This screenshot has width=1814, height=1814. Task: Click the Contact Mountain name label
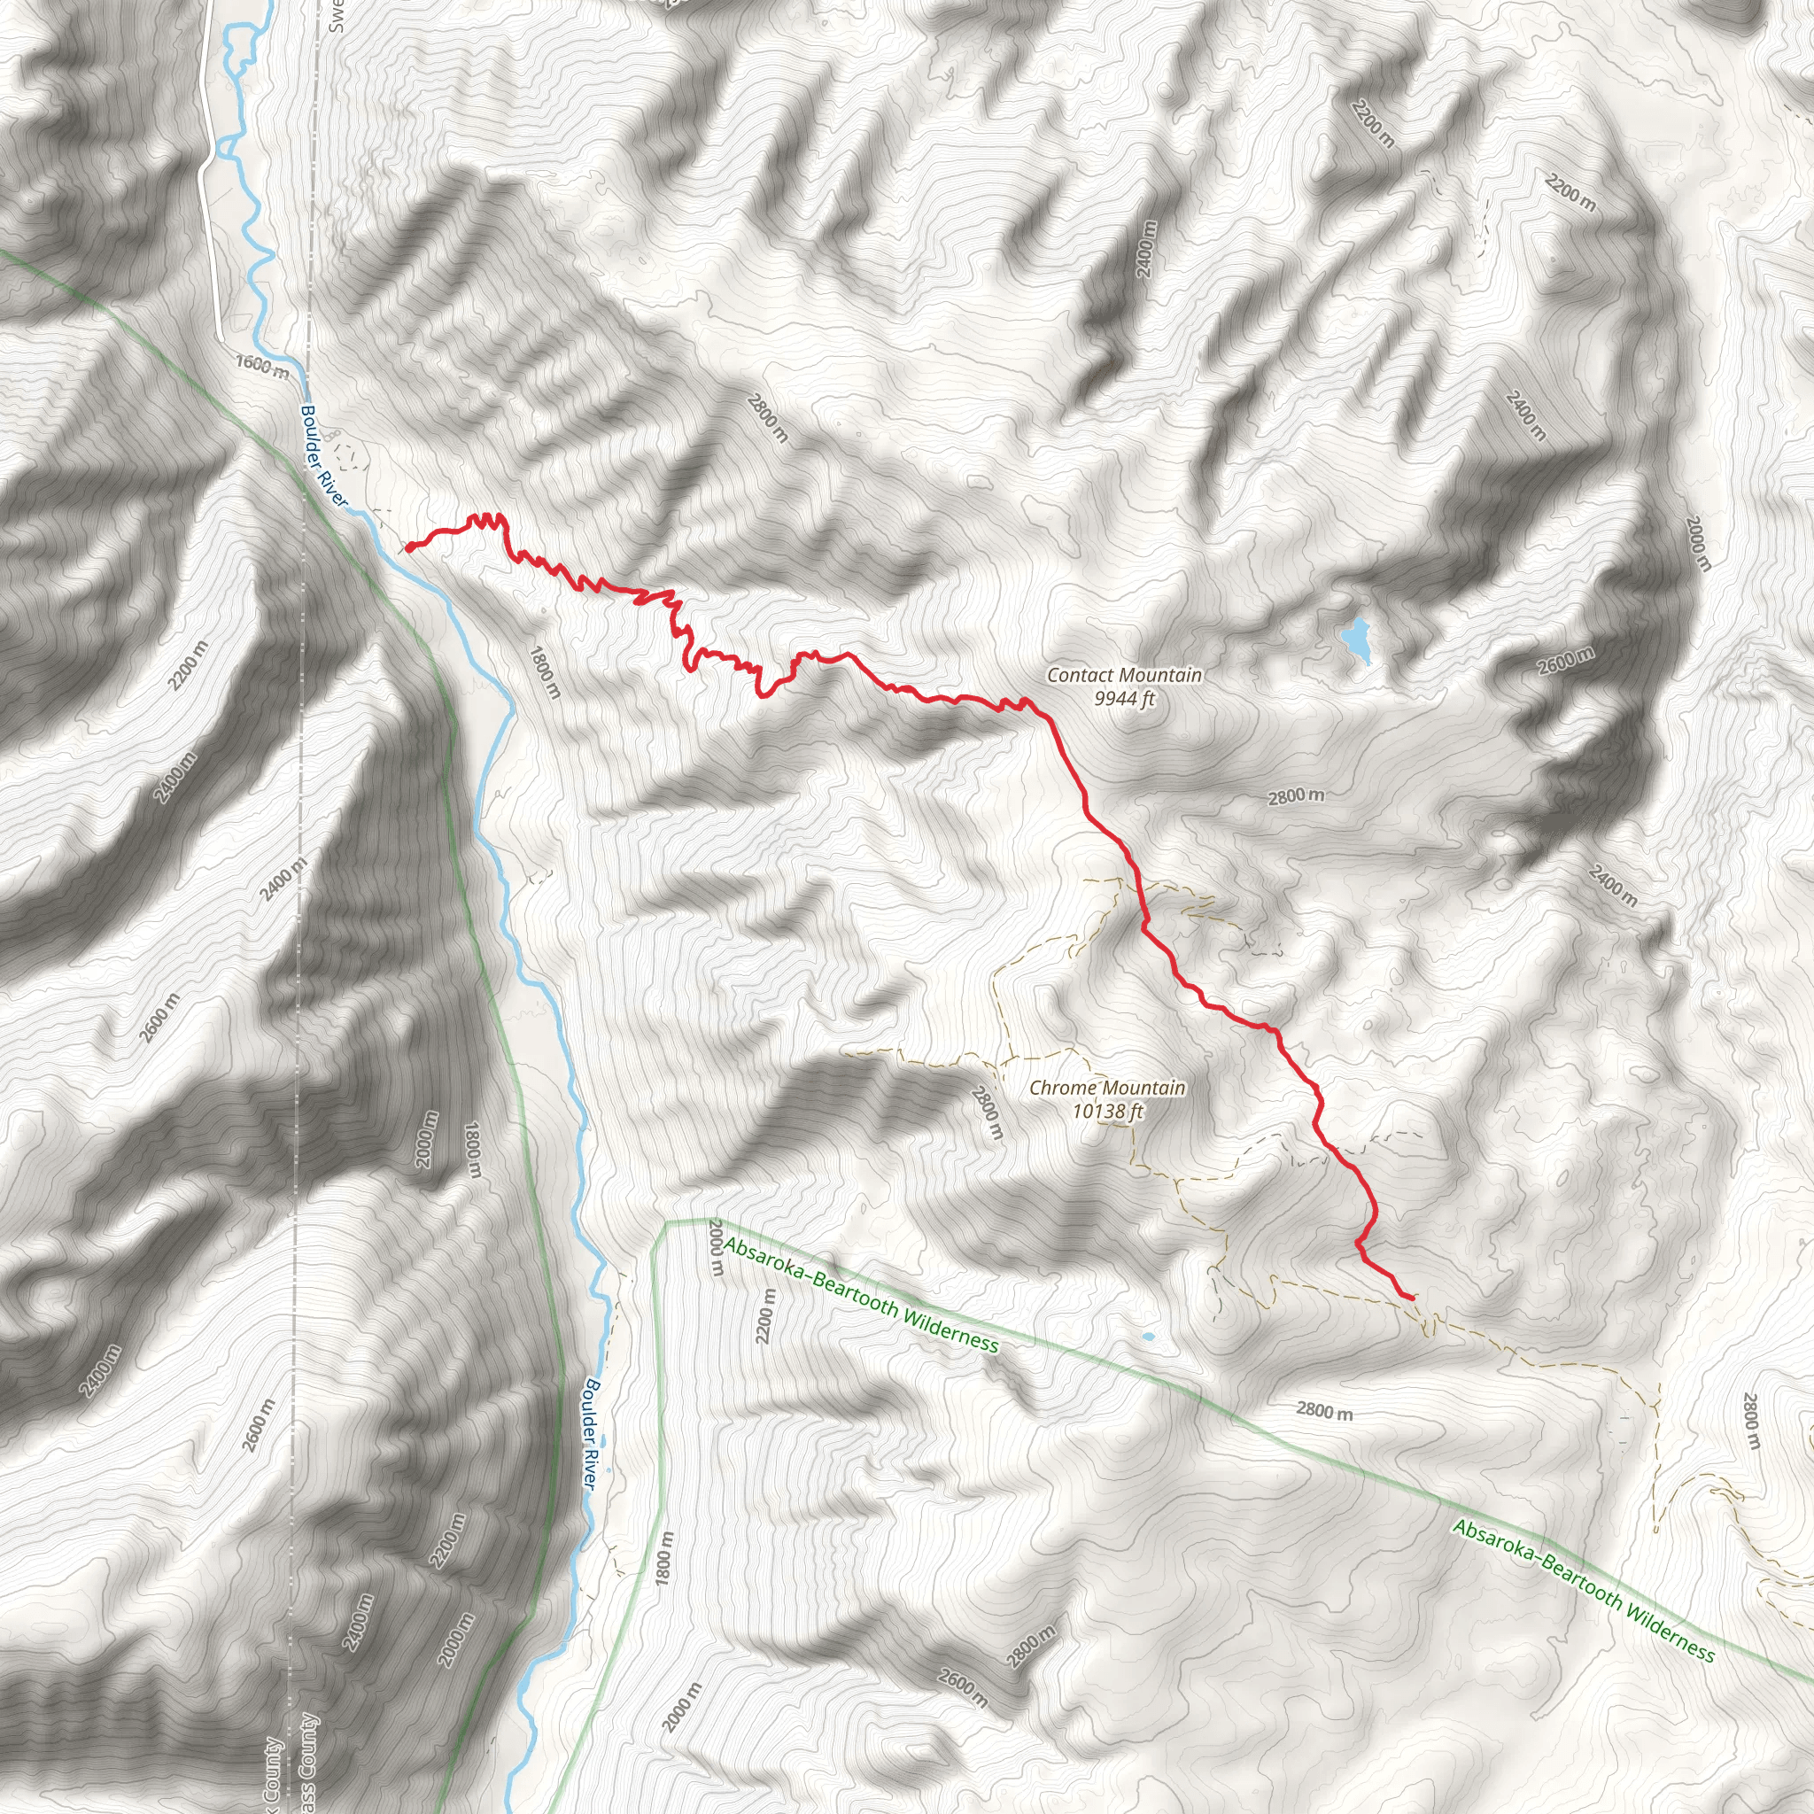tap(1124, 675)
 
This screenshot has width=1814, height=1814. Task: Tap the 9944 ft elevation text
tap(1124, 699)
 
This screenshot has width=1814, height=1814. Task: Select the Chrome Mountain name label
tap(1107, 1089)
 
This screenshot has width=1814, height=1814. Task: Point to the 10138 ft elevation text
tap(1108, 1112)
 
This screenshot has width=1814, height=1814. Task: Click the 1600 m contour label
tap(262, 367)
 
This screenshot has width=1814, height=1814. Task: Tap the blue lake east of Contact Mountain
tap(1356, 639)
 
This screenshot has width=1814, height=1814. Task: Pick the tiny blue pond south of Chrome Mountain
tap(1146, 1336)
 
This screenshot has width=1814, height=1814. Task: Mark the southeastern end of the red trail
tap(1412, 1298)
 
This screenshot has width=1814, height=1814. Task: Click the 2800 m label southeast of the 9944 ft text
tap(1296, 797)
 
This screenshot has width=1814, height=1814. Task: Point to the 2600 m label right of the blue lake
tap(1565, 661)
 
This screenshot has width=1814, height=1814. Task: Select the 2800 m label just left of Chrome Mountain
tap(987, 1112)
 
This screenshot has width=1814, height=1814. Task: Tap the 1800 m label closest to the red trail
tap(545, 672)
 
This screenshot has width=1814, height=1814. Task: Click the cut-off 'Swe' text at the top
tap(338, 16)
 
